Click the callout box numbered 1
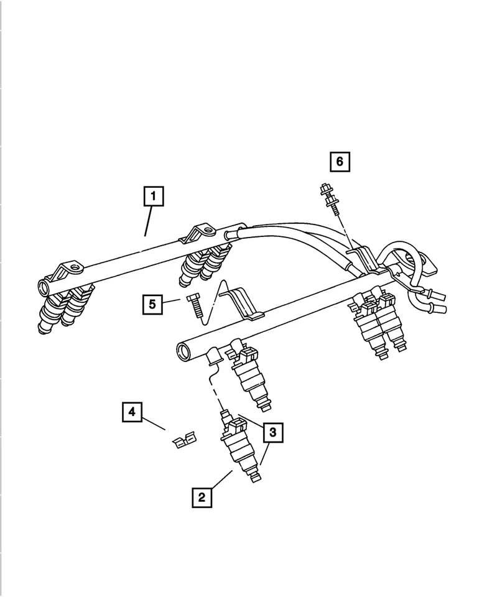(x=153, y=198)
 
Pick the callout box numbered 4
(x=131, y=412)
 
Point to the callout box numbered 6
(x=339, y=162)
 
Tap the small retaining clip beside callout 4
(x=182, y=441)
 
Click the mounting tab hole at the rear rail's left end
(x=76, y=269)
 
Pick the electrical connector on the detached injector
(x=236, y=426)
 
